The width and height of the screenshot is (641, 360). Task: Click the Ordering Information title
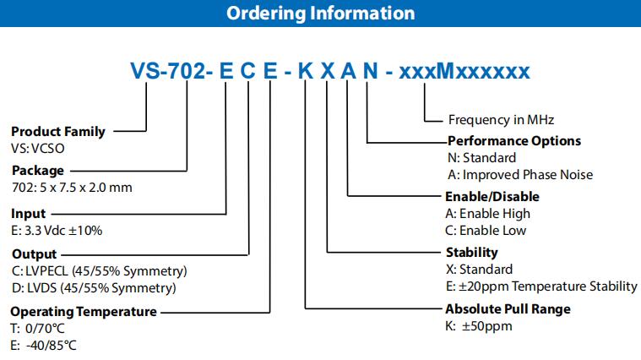(320, 14)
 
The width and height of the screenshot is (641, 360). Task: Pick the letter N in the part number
(369, 71)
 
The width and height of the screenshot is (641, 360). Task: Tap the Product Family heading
(58, 131)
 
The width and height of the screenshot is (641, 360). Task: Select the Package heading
(37, 171)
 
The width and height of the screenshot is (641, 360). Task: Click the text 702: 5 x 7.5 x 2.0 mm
(72, 187)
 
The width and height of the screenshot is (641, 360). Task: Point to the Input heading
(29, 214)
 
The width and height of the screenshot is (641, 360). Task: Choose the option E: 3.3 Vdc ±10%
(57, 230)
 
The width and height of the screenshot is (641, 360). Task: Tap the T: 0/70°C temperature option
(38, 328)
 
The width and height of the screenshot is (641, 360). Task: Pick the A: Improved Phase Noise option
(520, 174)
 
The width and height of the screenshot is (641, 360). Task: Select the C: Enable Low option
(486, 230)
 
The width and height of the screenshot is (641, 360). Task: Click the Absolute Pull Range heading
(508, 308)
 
